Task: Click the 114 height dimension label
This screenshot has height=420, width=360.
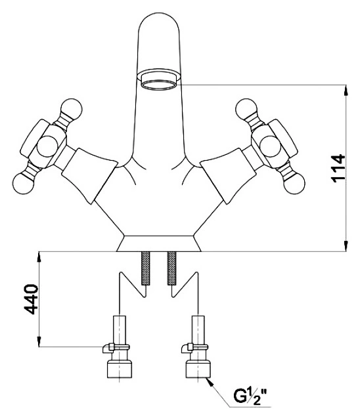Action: click(338, 168)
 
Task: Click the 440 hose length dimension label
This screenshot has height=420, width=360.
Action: click(31, 299)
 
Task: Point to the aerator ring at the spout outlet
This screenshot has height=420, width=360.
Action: click(159, 85)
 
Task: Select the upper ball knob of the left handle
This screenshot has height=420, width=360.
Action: click(72, 109)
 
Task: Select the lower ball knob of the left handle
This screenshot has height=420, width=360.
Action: click(22, 184)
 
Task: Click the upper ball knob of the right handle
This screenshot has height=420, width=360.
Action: click(246, 109)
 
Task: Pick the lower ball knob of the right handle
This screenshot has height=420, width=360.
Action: click(294, 184)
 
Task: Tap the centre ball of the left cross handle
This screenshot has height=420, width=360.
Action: click(47, 146)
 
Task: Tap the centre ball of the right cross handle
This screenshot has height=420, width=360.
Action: click(271, 146)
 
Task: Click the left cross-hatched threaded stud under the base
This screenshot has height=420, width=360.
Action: click(145, 268)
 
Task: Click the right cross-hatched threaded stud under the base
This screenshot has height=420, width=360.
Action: click(172, 268)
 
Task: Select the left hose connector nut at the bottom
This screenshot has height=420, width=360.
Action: click(120, 369)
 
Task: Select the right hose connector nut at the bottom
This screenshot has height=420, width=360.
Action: click(198, 369)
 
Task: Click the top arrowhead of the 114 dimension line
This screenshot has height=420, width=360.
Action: click(346, 90)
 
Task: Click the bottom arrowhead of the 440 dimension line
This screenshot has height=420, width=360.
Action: click(39, 341)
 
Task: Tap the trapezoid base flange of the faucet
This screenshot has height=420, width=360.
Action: click(159, 243)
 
